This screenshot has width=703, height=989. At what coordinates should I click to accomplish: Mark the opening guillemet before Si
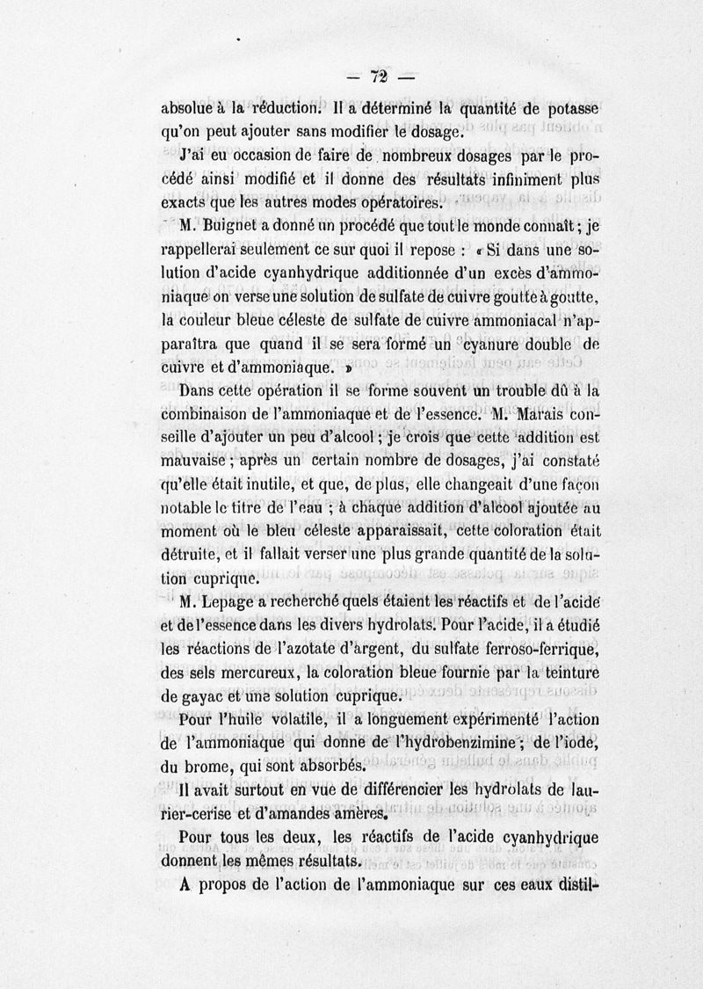coord(476,250)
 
